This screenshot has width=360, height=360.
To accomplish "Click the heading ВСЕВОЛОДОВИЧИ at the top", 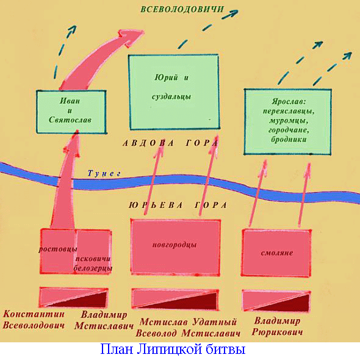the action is pyautogui.click(x=182, y=9).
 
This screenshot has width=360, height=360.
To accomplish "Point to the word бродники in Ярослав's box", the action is pyautogui.click(x=289, y=139).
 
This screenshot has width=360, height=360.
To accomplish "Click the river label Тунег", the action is pyautogui.click(x=104, y=173).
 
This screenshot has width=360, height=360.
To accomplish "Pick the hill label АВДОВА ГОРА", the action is pyautogui.click(x=170, y=143).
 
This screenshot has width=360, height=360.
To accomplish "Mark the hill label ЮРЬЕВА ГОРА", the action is pyautogui.click(x=178, y=205).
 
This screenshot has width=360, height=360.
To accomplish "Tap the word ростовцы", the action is pyautogui.click(x=57, y=249).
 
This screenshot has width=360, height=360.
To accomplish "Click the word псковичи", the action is pyautogui.click(x=93, y=259).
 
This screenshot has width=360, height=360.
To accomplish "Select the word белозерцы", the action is pyautogui.click(x=93, y=268).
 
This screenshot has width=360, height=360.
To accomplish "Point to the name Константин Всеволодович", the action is pyautogui.click(x=34, y=320).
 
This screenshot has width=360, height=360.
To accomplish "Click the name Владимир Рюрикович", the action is pyautogui.click(x=277, y=326).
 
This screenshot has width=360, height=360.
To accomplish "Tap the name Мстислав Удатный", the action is pyautogui.click(x=188, y=322).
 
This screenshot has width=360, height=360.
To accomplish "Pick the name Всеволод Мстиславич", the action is pyautogui.click(x=188, y=333).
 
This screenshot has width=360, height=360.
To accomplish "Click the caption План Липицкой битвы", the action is pyautogui.click(x=173, y=350).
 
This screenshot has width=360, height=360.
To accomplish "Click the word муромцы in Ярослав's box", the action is pyautogui.click(x=289, y=121).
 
